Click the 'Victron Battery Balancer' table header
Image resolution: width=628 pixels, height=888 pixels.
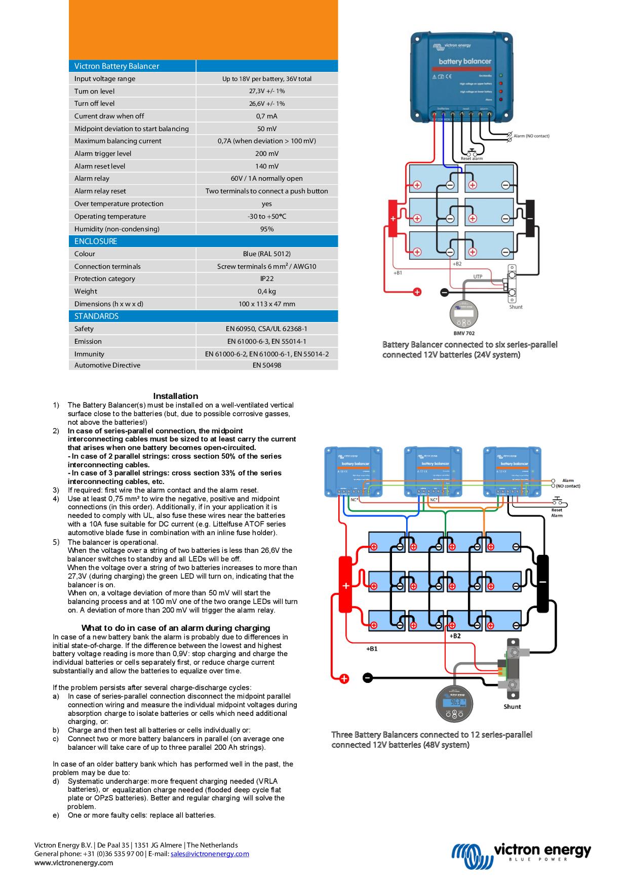click(x=116, y=66)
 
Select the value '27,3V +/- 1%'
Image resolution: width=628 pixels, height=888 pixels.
click(x=266, y=91)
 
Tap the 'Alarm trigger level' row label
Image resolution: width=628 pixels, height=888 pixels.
click(x=103, y=153)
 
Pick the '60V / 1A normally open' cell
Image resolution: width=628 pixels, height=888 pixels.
click(x=266, y=178)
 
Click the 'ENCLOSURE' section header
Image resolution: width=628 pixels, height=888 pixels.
click(x=96, y=241)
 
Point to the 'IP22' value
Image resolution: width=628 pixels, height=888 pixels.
click(x=266, y=278)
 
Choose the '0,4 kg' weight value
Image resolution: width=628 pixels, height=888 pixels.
click(x=266, y=291)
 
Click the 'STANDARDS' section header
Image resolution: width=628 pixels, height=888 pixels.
click(x=96, y=316)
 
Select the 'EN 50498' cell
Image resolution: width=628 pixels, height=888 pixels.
click(x=266, y=365)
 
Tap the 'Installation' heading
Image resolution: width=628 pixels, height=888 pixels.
click(x=175, y=396)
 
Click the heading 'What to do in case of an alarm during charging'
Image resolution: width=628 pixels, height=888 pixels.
click(x=175, y=628)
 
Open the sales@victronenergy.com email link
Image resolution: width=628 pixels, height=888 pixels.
click(x=210, y=854)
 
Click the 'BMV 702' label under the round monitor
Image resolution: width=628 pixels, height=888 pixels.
click(x=463, y=334)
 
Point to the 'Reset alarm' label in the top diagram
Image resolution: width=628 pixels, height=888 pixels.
click(x=472, y=158)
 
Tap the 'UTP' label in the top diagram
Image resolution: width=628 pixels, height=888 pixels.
click(x=478, y=276)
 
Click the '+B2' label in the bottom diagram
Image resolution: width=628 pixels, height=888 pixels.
click(x=455, y=636)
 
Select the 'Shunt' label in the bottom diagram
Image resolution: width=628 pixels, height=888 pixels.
click(x=512, y=706)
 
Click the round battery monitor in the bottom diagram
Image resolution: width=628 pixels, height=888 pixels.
click(x=454, y=703)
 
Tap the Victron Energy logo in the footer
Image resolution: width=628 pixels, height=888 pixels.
click(x=521, y=856)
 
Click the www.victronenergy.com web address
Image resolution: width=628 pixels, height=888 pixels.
click(x=73, y=863)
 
